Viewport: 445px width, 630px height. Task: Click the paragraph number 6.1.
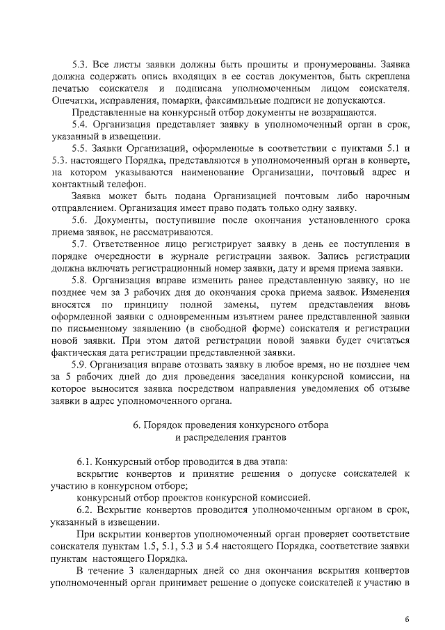[86, 462]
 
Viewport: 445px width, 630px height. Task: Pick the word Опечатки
[73, 100]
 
